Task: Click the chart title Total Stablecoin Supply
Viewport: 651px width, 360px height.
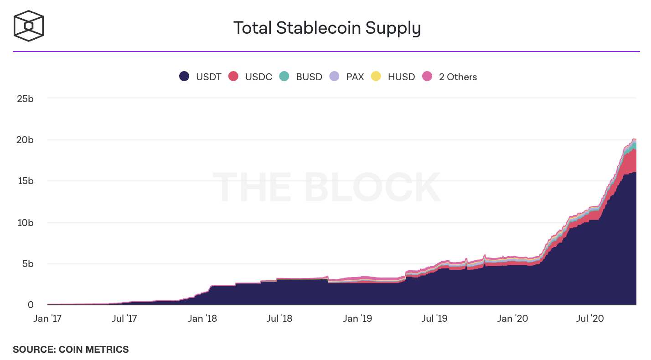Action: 327,28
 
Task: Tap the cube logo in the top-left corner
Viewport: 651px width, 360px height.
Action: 28,26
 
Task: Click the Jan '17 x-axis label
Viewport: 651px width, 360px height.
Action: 47,318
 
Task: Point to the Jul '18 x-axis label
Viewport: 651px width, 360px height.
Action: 279,318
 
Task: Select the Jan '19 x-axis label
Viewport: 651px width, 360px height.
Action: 356,318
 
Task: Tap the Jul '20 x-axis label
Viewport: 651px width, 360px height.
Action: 590,318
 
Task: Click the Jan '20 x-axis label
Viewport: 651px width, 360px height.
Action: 512,318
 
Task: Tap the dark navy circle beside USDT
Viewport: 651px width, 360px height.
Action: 184,77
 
